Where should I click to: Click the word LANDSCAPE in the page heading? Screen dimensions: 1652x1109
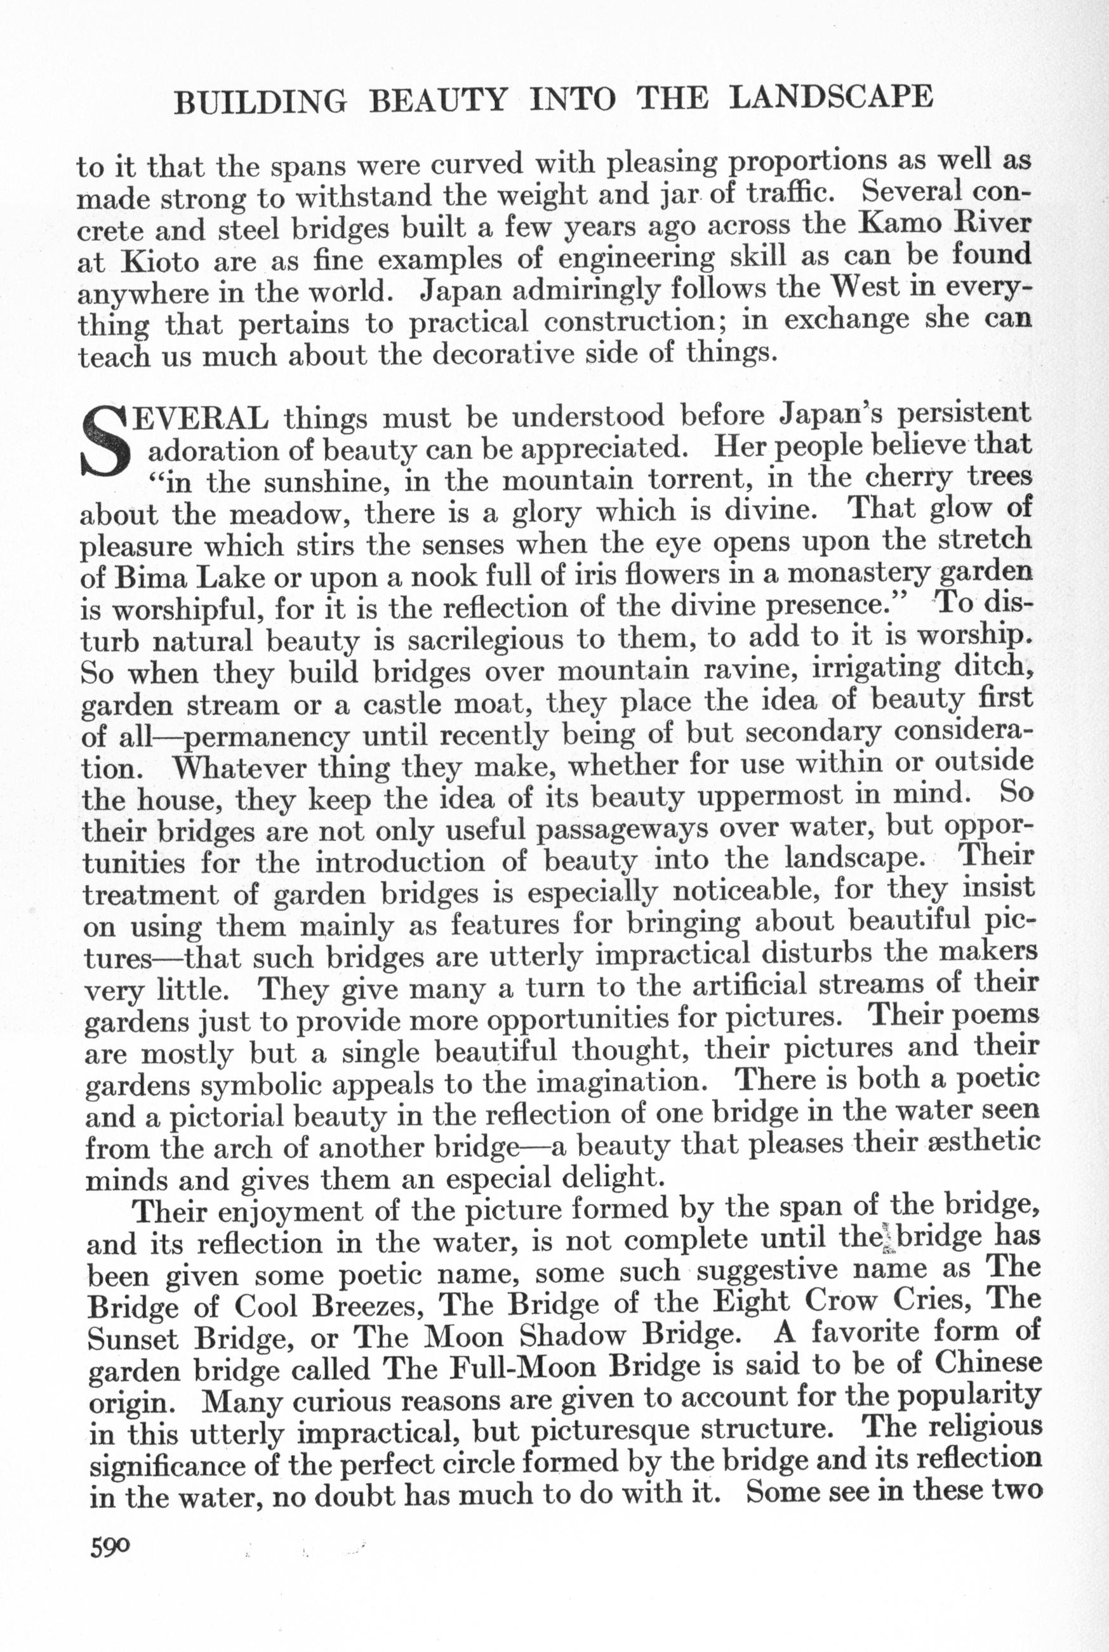pos(830,97)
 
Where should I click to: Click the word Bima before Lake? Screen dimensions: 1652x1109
pos(147,577)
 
